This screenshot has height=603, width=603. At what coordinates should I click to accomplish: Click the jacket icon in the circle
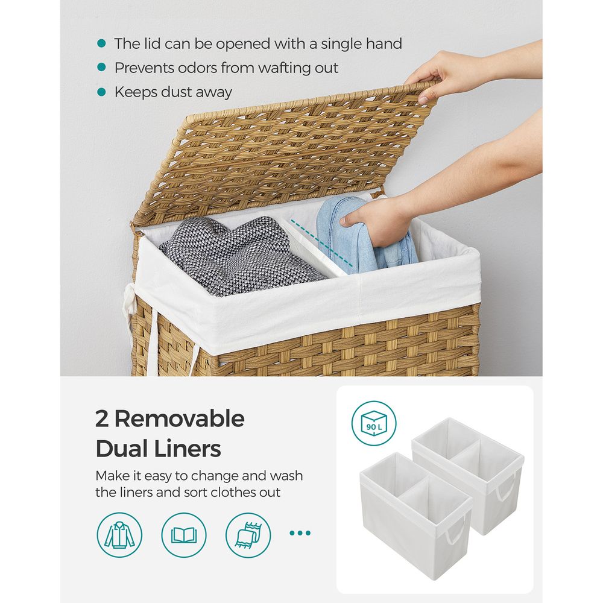click(119, 534)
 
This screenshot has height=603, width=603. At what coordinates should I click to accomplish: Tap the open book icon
click(184, 534)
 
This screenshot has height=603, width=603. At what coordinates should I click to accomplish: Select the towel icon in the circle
click(248, 534)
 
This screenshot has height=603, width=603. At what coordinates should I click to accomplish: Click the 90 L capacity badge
click(374, 423)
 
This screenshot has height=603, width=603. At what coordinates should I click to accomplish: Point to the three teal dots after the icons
click(300, 533)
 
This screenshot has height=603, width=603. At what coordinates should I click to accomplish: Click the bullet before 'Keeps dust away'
click(101, 92)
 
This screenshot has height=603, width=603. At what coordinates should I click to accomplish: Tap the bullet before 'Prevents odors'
click(101, 68)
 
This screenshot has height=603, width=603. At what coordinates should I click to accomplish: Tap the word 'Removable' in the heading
click(180, 418)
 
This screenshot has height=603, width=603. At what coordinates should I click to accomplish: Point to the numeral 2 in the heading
click(102, 419)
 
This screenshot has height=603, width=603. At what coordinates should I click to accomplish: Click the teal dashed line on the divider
click(321, 243)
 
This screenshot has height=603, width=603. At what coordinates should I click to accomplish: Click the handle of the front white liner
click(455, 530)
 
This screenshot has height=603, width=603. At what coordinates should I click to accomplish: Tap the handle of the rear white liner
click(506, 487)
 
